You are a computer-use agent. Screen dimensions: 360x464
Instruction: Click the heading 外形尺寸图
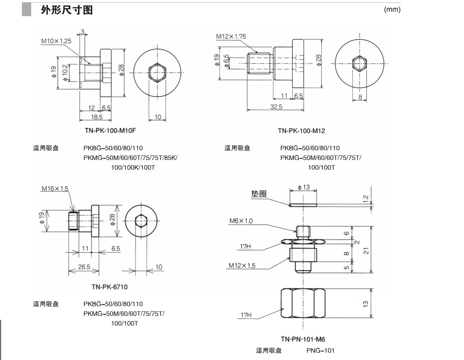point(67,10)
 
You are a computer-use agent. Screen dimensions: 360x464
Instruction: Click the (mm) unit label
point(392,10)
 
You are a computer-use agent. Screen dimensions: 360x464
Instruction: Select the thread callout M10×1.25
point(56,41)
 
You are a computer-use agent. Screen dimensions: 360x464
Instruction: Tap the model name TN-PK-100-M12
point(301,131)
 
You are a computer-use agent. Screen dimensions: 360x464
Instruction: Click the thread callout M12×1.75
point(231,36)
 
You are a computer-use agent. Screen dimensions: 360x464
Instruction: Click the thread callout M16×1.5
point(55,189)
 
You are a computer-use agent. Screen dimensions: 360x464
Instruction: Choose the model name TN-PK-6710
point(109,287)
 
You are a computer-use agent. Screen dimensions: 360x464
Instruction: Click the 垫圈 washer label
point(258,194)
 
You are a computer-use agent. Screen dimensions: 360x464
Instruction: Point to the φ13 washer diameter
point(304,187)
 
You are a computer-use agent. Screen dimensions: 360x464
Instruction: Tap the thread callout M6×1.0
point(241,221)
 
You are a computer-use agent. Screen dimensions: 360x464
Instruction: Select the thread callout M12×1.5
point(242,266)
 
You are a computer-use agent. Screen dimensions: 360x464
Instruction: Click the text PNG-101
point(320,351)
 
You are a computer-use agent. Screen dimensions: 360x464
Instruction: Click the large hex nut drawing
point(302,303)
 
